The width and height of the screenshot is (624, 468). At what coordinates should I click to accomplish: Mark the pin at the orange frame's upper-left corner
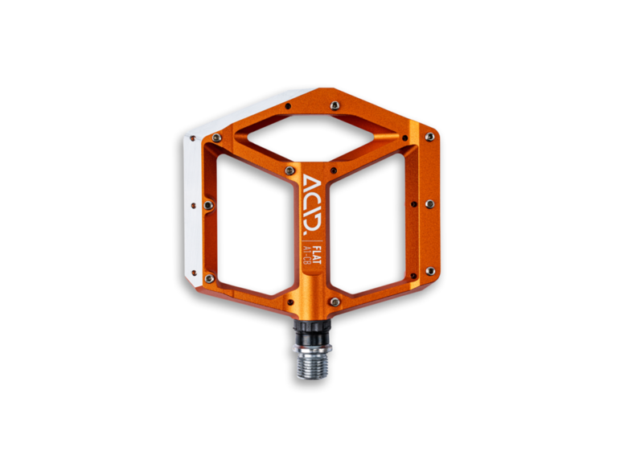click(x=214, y=138)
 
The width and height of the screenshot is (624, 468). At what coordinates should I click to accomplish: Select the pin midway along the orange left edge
click(x=208, y=205)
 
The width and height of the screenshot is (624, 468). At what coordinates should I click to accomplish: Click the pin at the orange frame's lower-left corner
click(x=209, y=278)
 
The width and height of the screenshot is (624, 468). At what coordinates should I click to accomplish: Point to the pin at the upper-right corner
click(x=429, y=137)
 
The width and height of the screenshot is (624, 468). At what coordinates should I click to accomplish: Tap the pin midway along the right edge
click(x=429, y=204)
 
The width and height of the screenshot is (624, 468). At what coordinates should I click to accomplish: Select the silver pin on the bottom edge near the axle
click(x=334, y=302)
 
